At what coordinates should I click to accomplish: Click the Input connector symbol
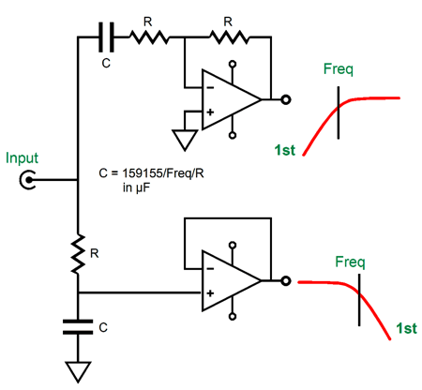pos(28,180)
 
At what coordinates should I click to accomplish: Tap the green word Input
pos(22,158)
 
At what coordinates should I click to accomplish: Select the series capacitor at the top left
pos(106,37)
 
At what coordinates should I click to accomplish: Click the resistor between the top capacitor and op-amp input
pos(149,37)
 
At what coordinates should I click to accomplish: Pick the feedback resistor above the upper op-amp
pos(230,37)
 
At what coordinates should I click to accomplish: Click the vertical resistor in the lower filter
pos(78,254)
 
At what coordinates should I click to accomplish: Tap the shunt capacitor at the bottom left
pos(78,327)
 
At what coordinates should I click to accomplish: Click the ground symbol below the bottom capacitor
pos(78,372)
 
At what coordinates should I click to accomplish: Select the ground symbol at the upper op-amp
pos(185,140)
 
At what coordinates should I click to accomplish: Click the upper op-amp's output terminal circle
pos(286,99)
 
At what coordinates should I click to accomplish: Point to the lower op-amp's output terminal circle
pos(286,281)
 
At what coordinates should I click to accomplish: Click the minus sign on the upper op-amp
pos(210,88)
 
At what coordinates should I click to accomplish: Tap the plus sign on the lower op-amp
pos(210,293)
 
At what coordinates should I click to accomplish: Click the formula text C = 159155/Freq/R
pos(151,172)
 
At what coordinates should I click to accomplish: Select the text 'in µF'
pos(136,187)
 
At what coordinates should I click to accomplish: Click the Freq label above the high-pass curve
pos(339,69)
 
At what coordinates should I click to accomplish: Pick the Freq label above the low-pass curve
pos(350,262)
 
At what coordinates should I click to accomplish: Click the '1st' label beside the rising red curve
pos(285,150)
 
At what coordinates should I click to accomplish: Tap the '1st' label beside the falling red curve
pos(406,328)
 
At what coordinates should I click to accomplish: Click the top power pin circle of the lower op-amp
pos(233,245)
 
